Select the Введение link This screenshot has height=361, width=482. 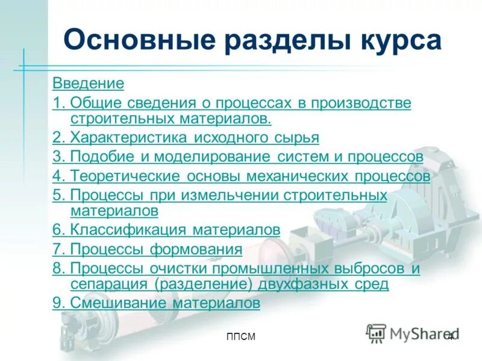tap(88, 83)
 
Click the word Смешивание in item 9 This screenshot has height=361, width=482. tap(120, 303)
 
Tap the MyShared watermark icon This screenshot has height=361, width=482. tap(377, 333)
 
